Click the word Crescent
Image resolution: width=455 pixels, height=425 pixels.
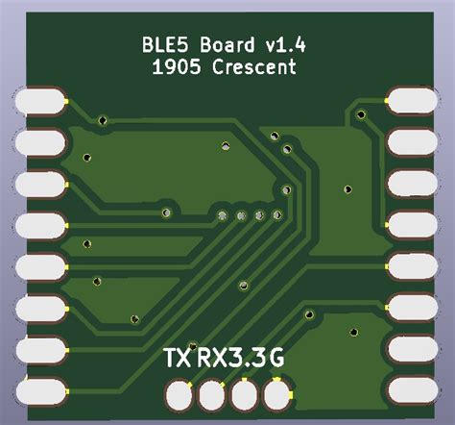254,67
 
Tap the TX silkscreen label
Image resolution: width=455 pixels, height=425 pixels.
178,359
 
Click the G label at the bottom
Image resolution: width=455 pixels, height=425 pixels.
275,359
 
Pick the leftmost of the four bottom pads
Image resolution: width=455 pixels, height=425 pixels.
178,393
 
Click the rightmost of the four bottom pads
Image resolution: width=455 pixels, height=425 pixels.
278,393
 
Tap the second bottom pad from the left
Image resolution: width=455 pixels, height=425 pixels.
211,393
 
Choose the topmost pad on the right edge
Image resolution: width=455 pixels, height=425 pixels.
414,99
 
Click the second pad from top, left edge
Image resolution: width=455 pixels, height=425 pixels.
38,142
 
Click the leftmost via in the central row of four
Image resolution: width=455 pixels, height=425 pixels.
223,216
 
